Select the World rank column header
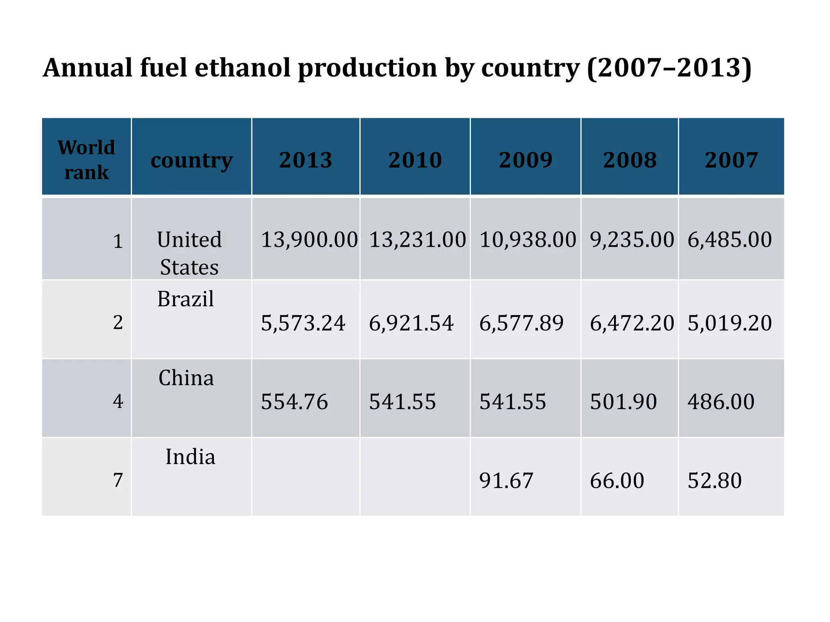[x=86, y=160]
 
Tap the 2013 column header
[x=306, y=160]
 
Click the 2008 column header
[x=629, y=160]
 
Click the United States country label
[x=189, y=253]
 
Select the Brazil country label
[x=186, y=299]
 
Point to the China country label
[x=186, y=378]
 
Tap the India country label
[x=190, y=457]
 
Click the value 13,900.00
[x=309, y=240]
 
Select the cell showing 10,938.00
[x=528, y=240]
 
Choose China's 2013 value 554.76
[x=294, y=402]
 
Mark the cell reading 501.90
[x=623, y=402]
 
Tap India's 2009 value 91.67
[x=506, y=481]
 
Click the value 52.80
[x=714, y=481]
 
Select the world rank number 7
[x=118, y=480]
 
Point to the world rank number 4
[x=118, y=401]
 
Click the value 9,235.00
[x=632, y=240]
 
